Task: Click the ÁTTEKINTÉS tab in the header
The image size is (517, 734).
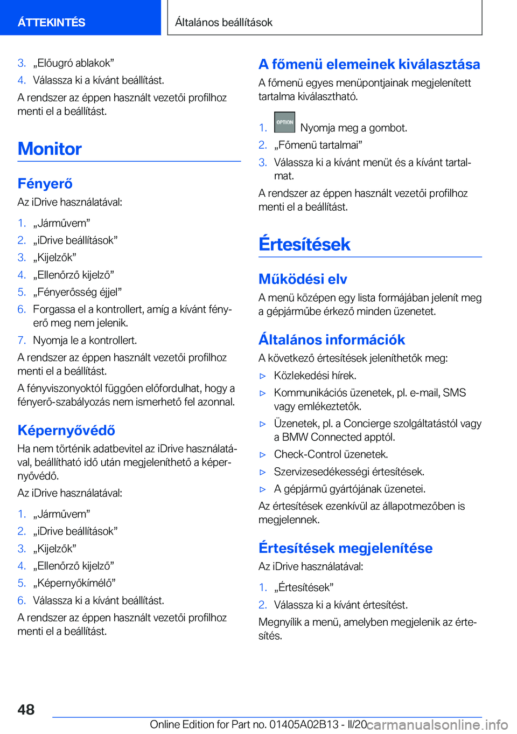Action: tap(52, 22)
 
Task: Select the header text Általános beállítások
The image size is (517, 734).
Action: tap(223, 22)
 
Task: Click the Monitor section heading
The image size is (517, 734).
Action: tap(50, 149)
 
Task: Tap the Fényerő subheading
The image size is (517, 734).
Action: tap(45, 184)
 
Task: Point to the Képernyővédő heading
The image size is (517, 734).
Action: tap(66, 430)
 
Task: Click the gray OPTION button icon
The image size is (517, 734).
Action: tap(284, 122)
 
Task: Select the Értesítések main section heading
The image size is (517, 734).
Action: tap(304, 244)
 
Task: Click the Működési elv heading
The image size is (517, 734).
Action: tap(303, 279)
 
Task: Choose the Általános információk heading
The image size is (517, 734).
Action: tap(332, 340)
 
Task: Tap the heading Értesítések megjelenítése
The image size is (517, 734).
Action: tap(345, 548)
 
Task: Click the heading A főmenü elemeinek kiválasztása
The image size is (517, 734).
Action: tap(369, 64)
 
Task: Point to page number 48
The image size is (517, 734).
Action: tap(26, 709)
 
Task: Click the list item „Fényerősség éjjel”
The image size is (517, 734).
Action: tap(78, 292)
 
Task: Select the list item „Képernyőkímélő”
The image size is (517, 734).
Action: tap(74, 583)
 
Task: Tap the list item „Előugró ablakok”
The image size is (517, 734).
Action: tap(73, 63)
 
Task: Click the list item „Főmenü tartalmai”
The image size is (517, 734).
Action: tap(318, 145)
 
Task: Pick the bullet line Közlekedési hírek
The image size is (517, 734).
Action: tap(315, 376)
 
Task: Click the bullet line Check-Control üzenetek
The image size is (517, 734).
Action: tap(331, 454)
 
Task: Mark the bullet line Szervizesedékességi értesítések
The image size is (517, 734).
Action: tap(349, 472)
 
